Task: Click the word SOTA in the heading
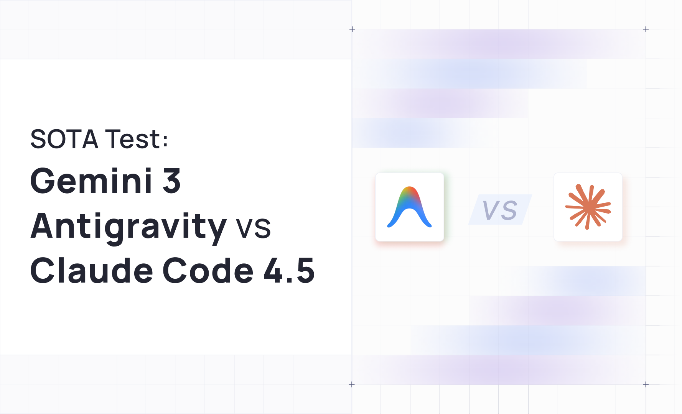pos(64,139)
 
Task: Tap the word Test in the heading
pos(132,139)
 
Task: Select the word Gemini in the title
pos(91,181)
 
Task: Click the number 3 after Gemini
pos(171,181)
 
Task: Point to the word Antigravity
pos(128,227)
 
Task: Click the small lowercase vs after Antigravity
pos(253,228)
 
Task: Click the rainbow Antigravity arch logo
pos(410,207)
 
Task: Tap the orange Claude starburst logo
pos(588,207)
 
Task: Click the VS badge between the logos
pos(500,210)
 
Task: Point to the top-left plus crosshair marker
pos(352,29)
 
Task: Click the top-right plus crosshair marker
pos(646,29)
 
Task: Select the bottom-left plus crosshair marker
pos(352,384)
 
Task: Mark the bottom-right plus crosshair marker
pos(646,384)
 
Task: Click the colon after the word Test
pos(165,141)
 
